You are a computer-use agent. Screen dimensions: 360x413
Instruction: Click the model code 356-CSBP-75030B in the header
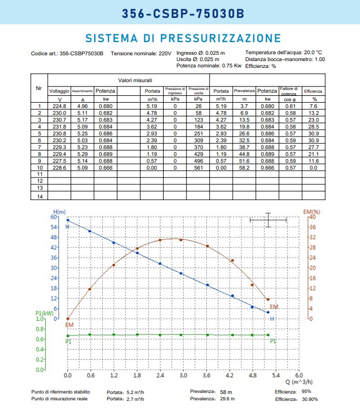[x=183, y=14]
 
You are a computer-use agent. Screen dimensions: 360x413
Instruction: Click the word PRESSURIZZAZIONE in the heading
[x=221, y=38]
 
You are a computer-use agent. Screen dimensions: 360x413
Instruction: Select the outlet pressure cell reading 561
[x=198, y=168]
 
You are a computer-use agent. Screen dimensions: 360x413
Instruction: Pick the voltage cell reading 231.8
[x=59, y=126]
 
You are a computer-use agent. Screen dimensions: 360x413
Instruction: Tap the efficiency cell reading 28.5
[x=314, y=126]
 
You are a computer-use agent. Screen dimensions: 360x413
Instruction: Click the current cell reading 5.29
[x=82, y=154]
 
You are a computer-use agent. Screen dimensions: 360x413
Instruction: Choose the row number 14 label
[x=40, y=196]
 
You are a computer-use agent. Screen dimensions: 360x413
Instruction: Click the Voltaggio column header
[x=59, y=91]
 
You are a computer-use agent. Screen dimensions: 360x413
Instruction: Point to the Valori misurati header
[x=135, y=80]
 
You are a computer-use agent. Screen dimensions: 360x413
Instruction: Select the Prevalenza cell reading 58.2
[x=244, y=168]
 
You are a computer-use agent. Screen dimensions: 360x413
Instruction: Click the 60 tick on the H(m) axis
[x=54, y=217]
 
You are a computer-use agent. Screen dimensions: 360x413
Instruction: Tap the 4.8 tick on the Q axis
[x=253, y=375]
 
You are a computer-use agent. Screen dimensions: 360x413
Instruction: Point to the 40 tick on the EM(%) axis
[x=313, y=217]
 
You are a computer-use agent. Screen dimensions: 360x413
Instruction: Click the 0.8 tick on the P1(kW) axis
[x=39, y=329]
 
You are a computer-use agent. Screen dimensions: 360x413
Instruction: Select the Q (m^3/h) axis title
[x=299, y=382]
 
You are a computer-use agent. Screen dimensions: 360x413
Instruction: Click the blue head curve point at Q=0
[x=68, y=220]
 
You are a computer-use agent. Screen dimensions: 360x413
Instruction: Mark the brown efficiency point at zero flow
[x=68, y=319]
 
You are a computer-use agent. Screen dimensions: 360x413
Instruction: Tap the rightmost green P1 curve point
[x=268, y=335]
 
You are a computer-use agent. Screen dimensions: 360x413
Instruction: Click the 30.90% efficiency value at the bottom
[x=309, y=399]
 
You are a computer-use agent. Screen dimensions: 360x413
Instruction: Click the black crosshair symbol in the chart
[x=268, y=220]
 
